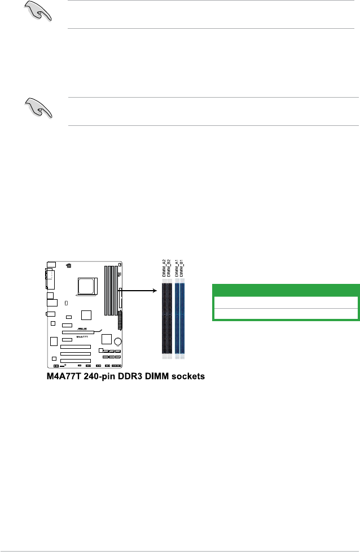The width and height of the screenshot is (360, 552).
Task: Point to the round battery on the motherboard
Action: (x=118, y=341)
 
